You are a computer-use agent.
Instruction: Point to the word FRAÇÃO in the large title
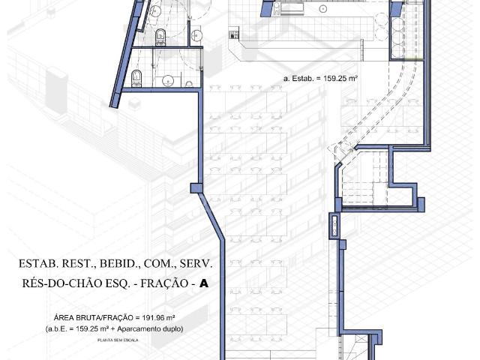(166, 285)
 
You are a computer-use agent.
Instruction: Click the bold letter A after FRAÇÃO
(203, 285)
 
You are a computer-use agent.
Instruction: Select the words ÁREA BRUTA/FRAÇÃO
(82, 317)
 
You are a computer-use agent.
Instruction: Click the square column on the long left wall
(196, 188)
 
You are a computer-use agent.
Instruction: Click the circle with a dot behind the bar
(322, 9)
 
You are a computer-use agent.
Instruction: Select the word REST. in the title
(81, 265)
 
